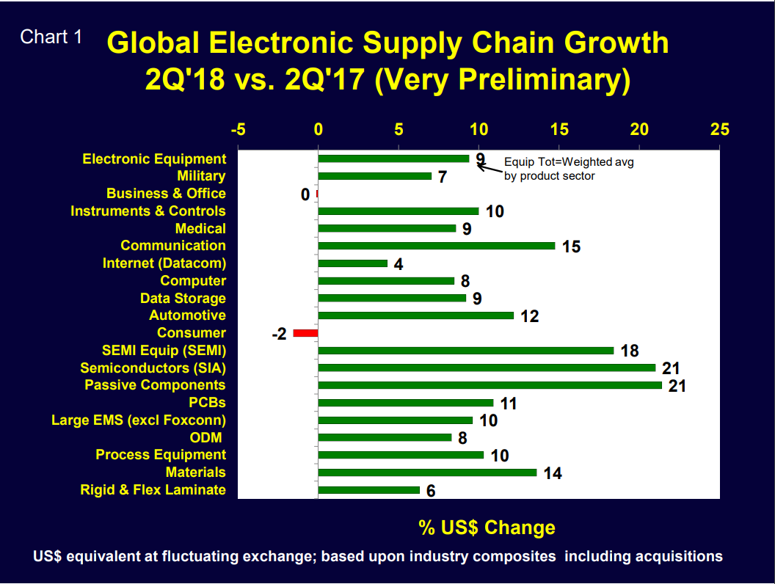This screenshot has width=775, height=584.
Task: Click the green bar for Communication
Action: [437, 246]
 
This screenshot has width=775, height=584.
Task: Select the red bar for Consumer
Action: [305, 333]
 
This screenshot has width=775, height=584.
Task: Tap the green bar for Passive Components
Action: [490, 385]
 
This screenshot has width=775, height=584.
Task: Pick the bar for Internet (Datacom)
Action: [353, 263]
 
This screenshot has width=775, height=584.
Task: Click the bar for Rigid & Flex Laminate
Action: [368, 490]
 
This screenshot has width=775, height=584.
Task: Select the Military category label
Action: [201, 176]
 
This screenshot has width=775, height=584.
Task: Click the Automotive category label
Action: [187, 315]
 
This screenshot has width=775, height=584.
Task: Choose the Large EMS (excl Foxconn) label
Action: [139, 420]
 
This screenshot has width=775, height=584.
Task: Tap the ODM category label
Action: [208, 437]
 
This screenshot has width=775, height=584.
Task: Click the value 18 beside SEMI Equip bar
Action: [629, 351]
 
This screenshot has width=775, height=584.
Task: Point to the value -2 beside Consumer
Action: [279, 334]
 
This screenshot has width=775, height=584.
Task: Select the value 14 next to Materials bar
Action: [552, 473]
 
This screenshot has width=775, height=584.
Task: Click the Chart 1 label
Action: [51, 37]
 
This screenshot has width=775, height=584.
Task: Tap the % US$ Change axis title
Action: [487, 528]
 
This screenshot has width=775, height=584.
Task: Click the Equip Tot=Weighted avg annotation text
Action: [568, 162]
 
